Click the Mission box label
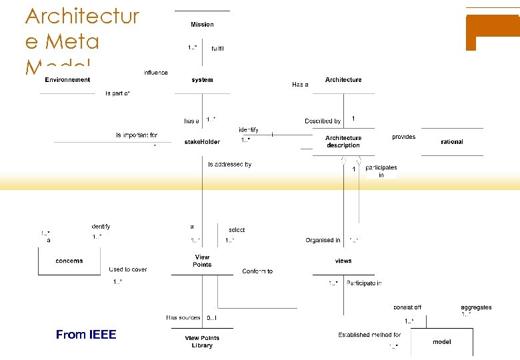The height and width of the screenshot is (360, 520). coord(202,25)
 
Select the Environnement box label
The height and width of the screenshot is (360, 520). coord(67,80)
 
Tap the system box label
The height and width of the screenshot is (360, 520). coord(202,80)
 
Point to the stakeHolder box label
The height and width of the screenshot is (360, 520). coord(202,142)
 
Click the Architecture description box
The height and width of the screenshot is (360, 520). coord(343,142)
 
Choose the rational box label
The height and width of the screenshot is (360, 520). coord(452,142)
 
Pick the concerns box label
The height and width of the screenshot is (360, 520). coord(69,261)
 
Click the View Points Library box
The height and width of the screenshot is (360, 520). coord(202,341)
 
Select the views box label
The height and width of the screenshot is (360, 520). coord(343,261)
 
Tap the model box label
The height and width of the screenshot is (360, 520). coord(441,342)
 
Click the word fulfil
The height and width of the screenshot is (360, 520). coord(217,49)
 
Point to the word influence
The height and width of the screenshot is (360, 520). coord(155,73)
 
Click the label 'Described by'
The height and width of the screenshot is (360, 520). coord(323,121)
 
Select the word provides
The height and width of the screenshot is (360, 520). coord(403,137)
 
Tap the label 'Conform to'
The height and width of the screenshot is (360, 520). coord(257,271)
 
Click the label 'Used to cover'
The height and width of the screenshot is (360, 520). coord(128,270)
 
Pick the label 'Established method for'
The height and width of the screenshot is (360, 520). coord(369,335)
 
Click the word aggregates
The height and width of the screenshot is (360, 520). coord(476,307)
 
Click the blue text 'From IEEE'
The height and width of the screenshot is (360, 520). coord(86,335)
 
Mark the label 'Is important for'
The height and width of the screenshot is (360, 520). coord(137,135)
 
